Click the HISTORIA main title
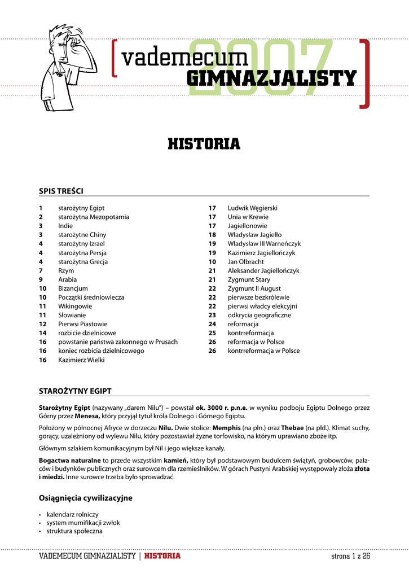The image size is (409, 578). (x=204, y=144)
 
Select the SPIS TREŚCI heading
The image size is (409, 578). (x=61, y=190)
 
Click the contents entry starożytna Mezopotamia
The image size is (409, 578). (x=94, y=217)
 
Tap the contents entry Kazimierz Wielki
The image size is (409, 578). (x=81, y=360)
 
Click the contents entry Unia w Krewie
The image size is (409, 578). (x=248, y=217)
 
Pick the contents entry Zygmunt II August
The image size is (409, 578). (x=254, y=288)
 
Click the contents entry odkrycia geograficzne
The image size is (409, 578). (x=259, y=315)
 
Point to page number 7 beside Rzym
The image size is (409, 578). (x=41, y=271)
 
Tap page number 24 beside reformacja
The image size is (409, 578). (x=212, y=324)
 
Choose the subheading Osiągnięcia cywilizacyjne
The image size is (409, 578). (x=85, y=498)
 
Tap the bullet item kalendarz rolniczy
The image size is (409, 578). (x=72, y=514)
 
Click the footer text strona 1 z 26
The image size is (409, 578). (x=350, y=556)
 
